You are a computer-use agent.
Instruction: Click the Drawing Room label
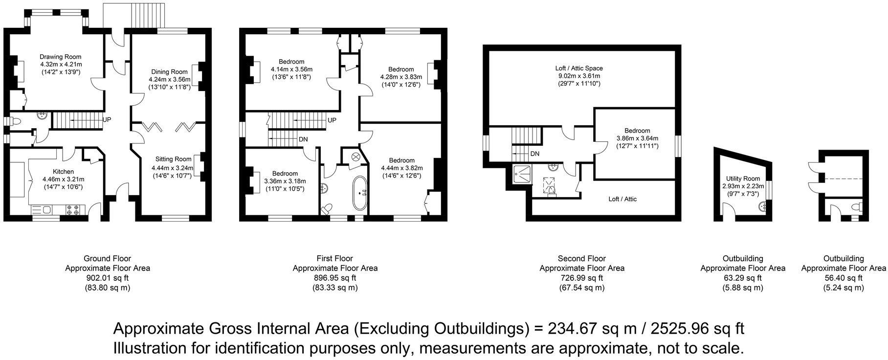pos(60,57)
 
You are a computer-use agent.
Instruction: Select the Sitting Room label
pos(173,159)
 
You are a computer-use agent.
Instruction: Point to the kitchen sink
pos(43,210)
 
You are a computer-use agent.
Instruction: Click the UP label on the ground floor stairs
pos(107,119)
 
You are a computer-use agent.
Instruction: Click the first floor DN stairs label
pos(303,139)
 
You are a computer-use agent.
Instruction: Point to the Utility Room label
pos(741,179)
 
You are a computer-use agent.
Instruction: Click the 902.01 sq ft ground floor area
pos(108,278)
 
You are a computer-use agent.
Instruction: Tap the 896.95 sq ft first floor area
pos(335,278)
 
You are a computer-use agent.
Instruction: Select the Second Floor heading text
pos(581,258)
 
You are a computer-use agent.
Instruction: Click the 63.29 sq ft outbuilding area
pos(743,278)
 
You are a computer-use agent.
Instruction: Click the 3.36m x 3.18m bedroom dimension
pos(285,181)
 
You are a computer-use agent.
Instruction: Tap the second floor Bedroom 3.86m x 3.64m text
pos(637,138)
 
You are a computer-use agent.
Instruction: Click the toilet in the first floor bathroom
pos(326,209)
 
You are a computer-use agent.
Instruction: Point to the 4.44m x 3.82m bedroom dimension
pos(401,168)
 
